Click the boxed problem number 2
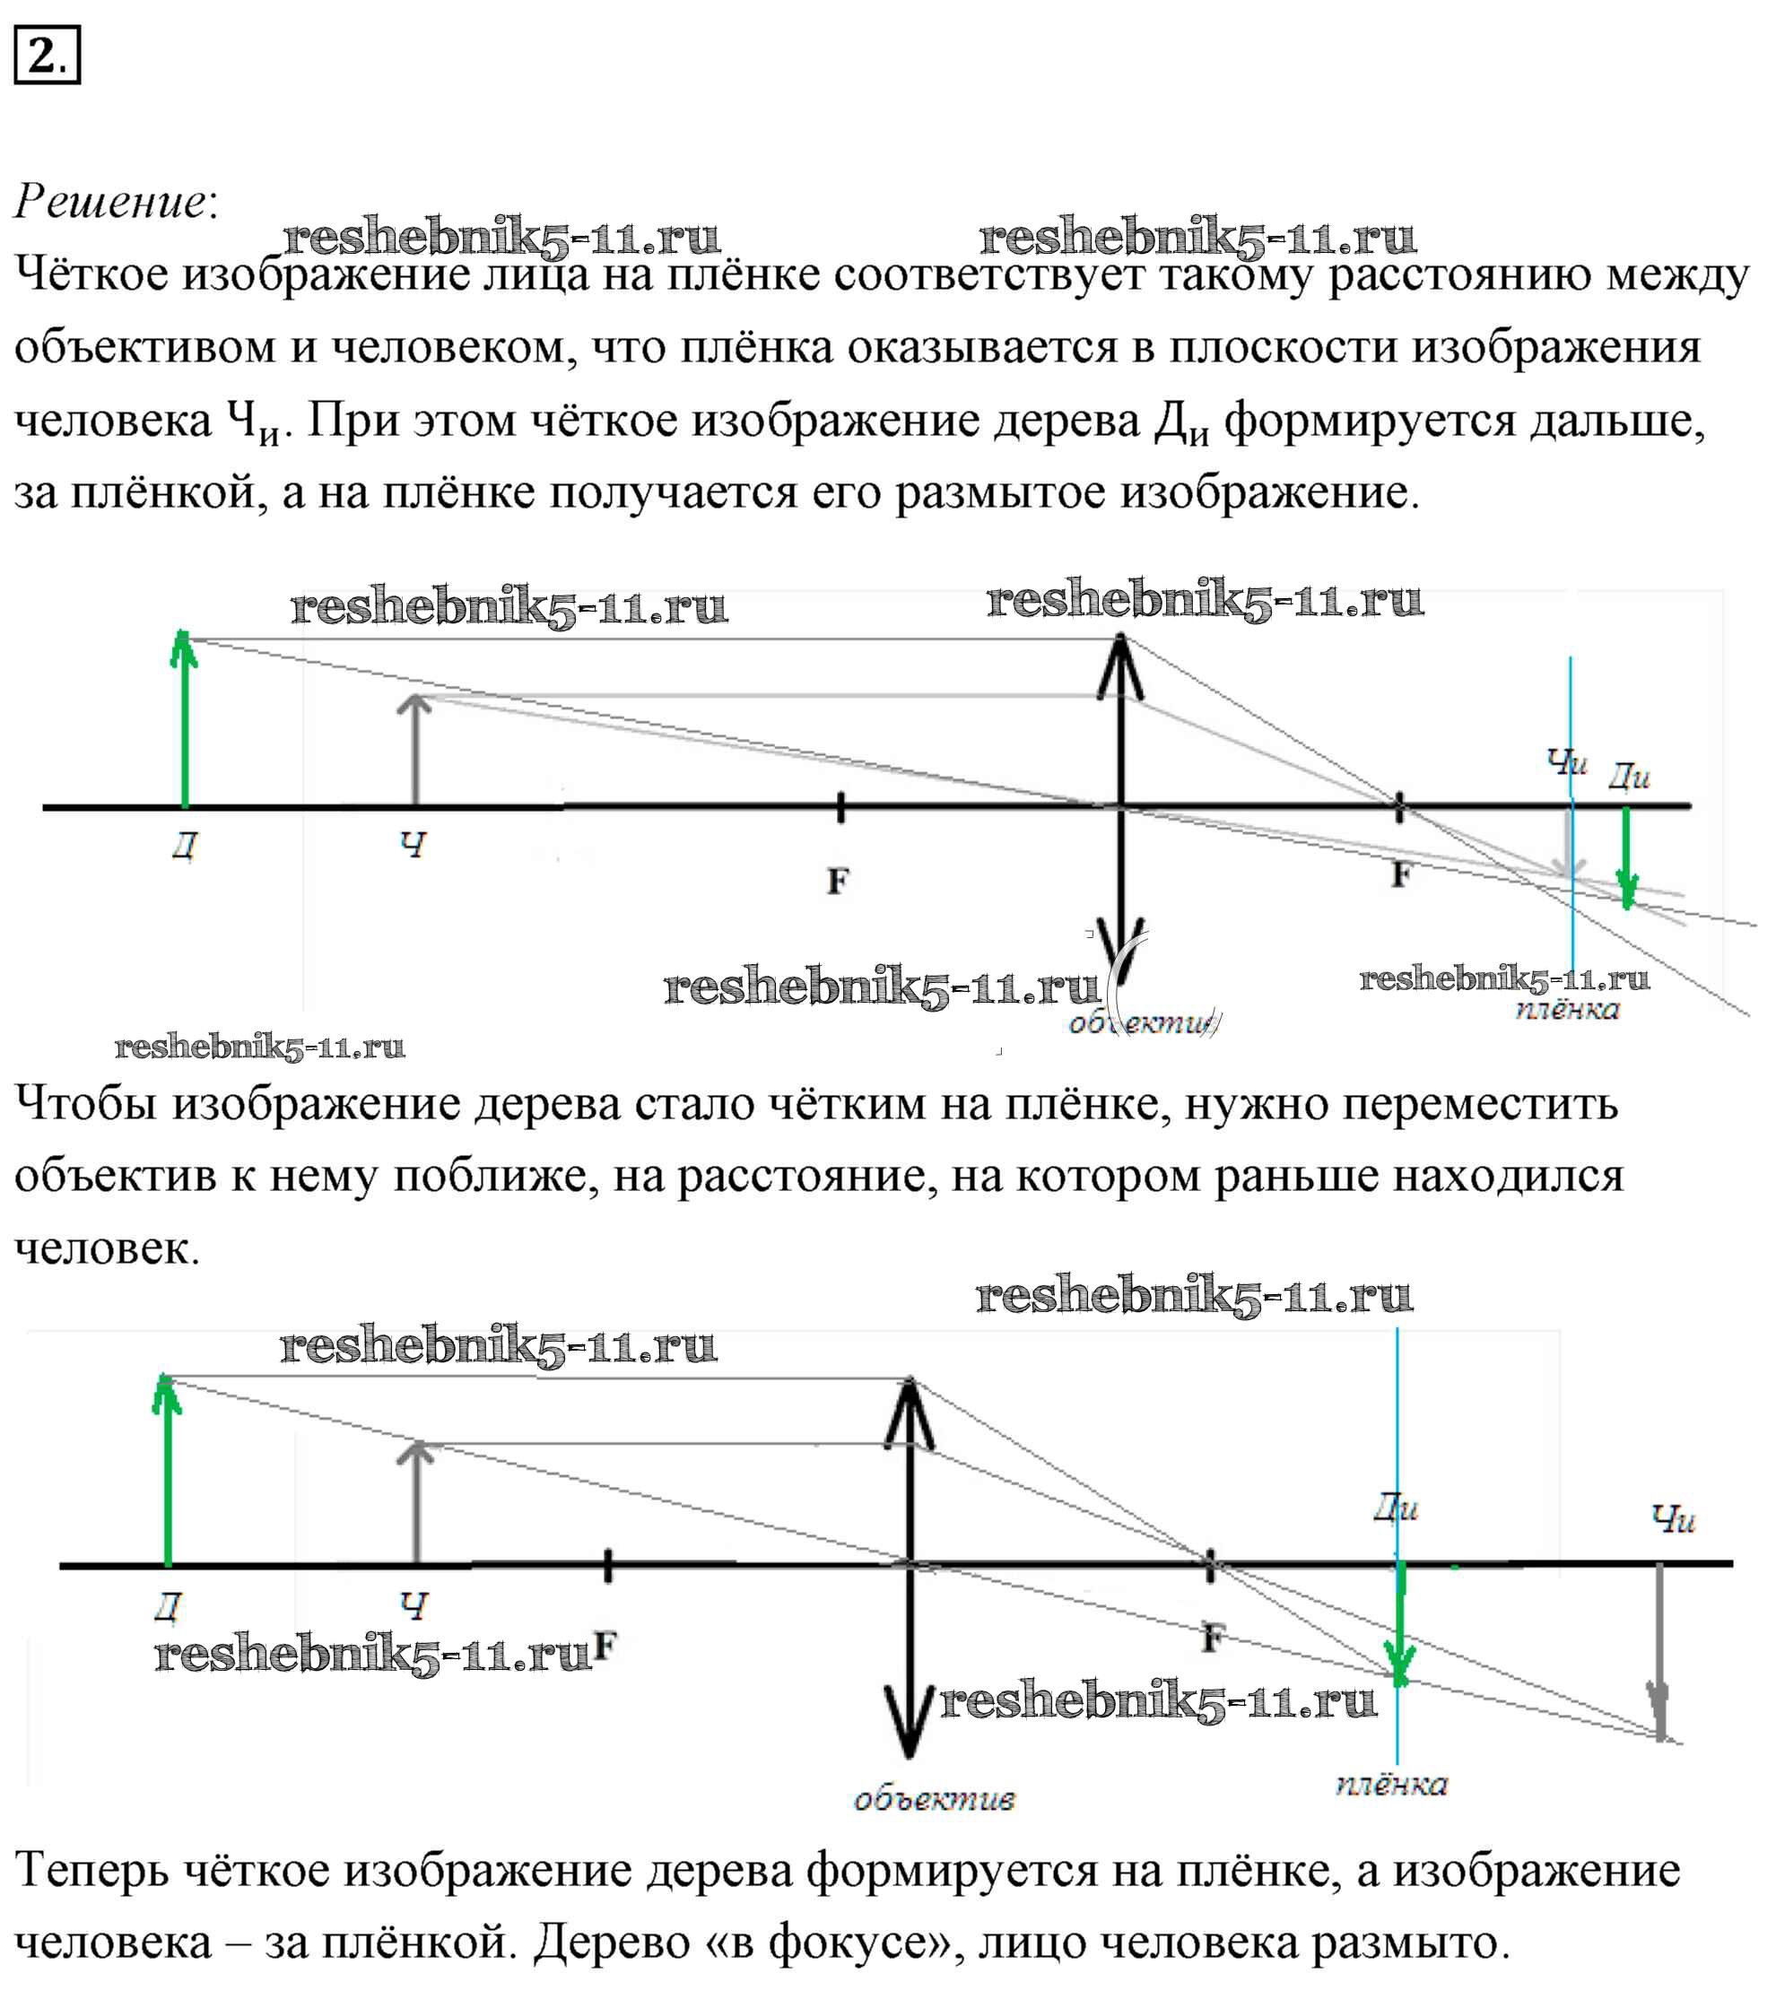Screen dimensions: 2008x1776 (46, 55)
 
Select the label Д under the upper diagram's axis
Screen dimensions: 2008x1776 (185, 845)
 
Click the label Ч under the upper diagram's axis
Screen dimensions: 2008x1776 (414, 844)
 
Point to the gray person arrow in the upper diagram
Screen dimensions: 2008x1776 (415, 752)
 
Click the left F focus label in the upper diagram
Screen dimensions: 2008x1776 (837, 882)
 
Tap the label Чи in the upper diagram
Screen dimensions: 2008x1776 (1566, 761)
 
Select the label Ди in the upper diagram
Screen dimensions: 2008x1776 (1628, 776)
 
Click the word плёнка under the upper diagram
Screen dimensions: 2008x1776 (1567, 1010)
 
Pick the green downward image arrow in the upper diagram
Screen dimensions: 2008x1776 (1627, 856)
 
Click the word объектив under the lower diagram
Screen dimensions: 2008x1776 (933, 1800)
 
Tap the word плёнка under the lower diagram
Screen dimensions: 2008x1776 (1391, 1784)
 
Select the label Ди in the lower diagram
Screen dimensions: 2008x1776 (1396, 1508)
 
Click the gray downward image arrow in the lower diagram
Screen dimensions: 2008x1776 (1659, 1650)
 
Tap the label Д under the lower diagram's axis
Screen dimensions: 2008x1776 (168, 1606)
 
